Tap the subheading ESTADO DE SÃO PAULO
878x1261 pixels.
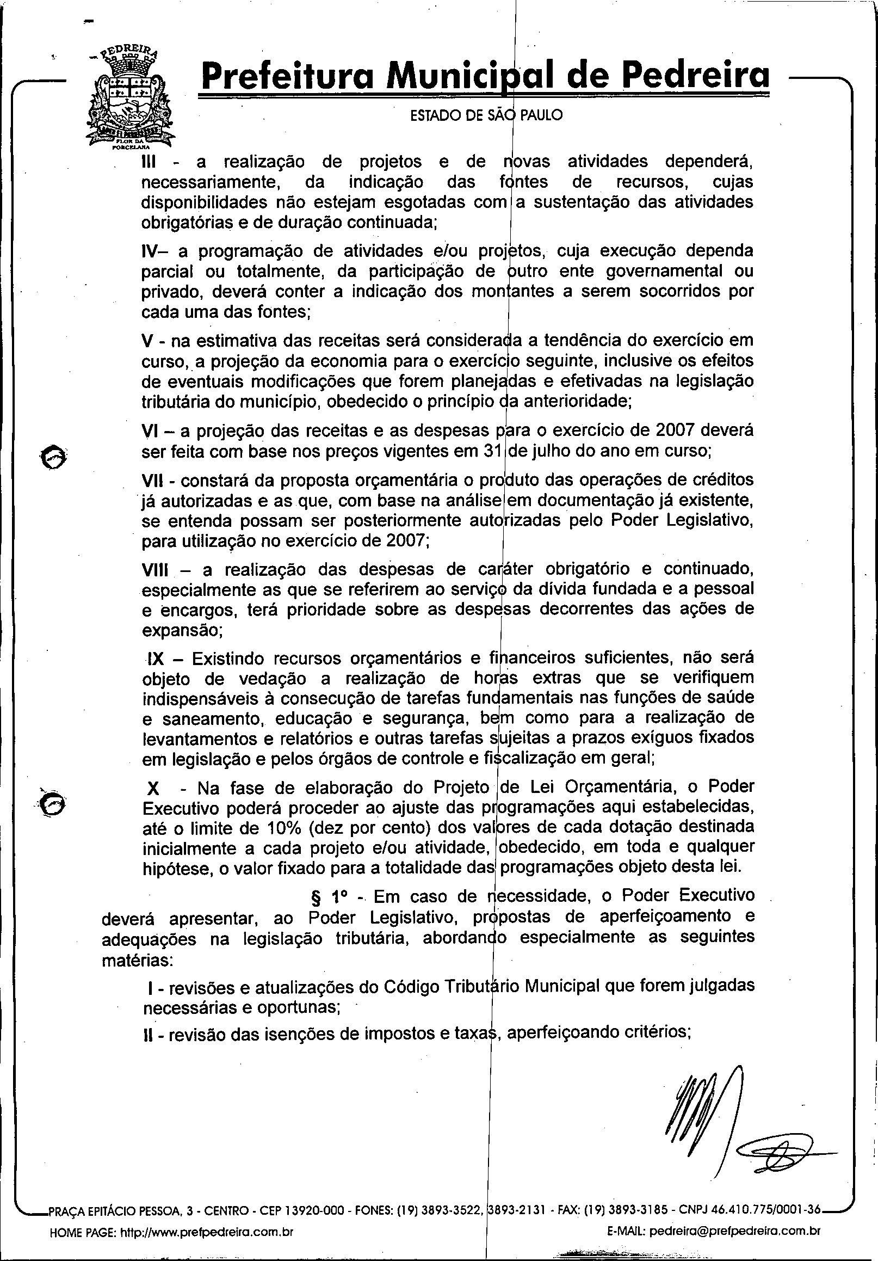[486, 116]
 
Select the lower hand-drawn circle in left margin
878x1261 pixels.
[53, 804]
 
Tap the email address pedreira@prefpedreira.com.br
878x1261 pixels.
[734, 1215]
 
